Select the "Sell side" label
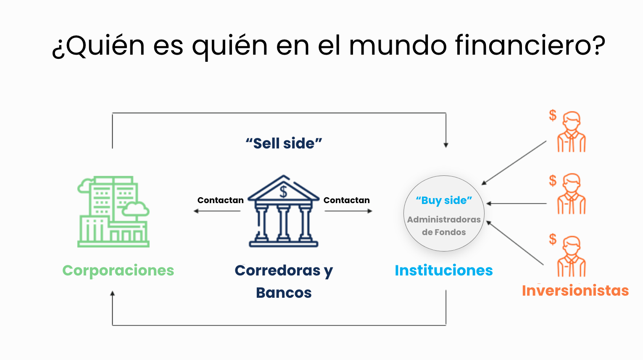[284, 143]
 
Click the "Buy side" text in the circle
[444, 200]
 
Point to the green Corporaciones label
[118, 270]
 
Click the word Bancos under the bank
[284, 293]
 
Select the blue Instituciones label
[444, 270]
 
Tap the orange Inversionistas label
[575, 291]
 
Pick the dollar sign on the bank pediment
[284, 191]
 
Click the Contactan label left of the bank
[220, 200]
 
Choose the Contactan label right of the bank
[346, 200]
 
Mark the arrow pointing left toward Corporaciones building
[217, 211]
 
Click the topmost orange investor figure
[572, 132]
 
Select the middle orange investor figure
[572, 194]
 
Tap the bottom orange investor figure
[572, 256]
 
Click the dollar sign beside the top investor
[553, 115]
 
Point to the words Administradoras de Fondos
[444, 226]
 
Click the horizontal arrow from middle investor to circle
[517, 204]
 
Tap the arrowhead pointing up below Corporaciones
[112, 294]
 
